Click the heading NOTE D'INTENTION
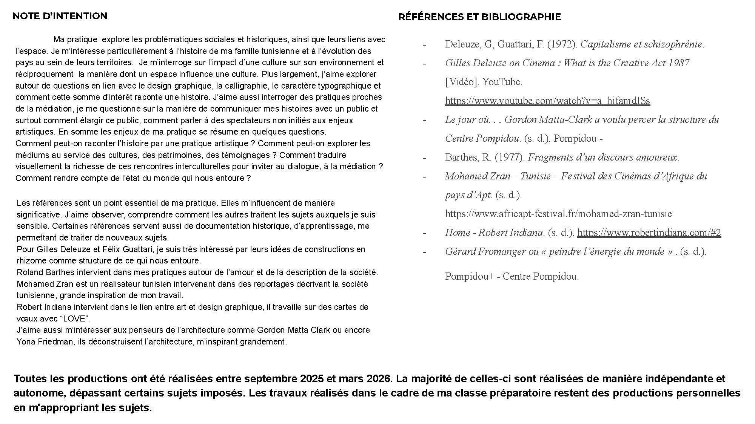coord(60,16)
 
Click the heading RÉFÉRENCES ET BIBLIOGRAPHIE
coord(479,17)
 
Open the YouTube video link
coord(547,101)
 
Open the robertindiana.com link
coord(649,233)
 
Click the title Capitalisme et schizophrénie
coord(641,44)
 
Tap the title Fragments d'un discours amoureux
coord(603,157)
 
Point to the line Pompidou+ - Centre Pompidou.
coord(512,276)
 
